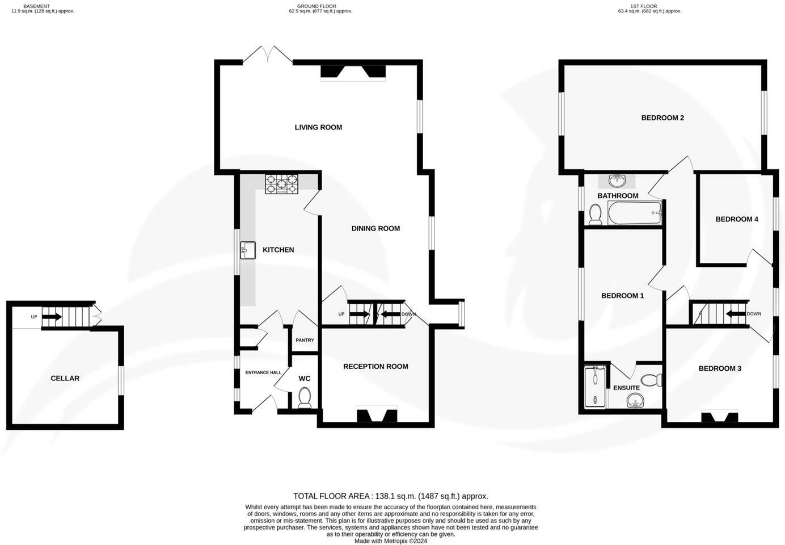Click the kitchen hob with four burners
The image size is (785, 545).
coord(281,184)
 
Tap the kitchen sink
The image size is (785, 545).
coord(248,250)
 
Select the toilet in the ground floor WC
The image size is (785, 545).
coord(305,397)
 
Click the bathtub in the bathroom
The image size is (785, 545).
coord(634,213)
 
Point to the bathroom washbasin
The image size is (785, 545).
coord(617,181)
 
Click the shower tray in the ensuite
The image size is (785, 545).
coord(595,387)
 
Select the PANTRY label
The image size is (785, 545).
coord(305,341)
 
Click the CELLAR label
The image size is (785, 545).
coord(65,378)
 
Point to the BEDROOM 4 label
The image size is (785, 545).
coord(736,219)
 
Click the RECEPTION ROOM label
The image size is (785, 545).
coord(375,367)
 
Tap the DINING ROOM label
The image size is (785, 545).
coord(375,228)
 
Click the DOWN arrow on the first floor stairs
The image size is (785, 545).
coord(736,314)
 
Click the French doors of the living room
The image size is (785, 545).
coord(268,54)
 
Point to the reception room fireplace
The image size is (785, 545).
coord(375,416)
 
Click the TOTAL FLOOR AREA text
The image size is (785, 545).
coord(390,496)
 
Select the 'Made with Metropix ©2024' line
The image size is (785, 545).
coord(390,541)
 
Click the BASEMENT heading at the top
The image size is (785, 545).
coord(36,6)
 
